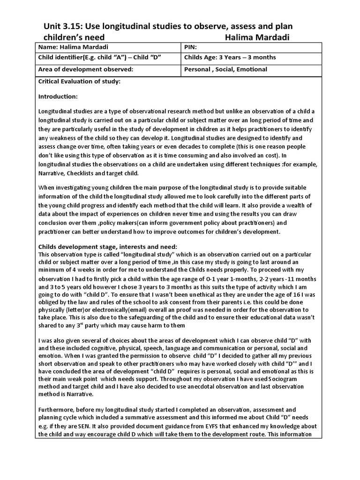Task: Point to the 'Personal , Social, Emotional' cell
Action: coord(226,69)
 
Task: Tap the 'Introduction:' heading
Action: coord(58,96)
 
